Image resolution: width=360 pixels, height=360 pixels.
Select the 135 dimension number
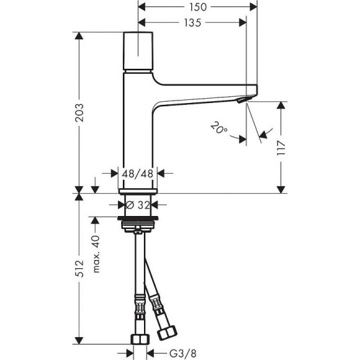[192, 23]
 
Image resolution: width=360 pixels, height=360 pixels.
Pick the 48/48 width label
[138, 174]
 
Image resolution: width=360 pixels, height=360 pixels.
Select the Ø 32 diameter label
[138, 204]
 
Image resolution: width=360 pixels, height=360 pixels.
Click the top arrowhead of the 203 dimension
[79, 35]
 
